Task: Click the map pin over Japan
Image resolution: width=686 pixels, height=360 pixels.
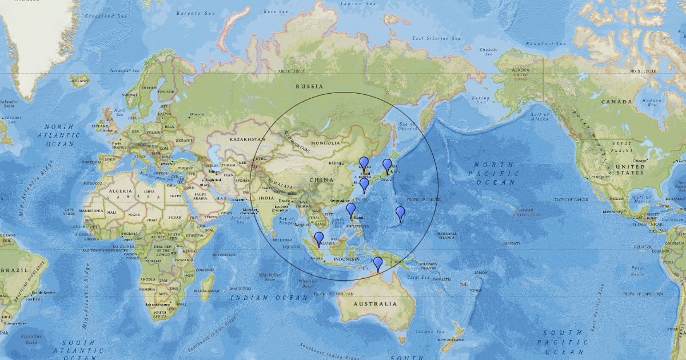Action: click(387, 166)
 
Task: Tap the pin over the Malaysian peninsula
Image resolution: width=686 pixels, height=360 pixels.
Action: click(319, 238)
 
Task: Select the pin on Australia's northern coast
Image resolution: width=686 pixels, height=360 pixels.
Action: click(378, 263)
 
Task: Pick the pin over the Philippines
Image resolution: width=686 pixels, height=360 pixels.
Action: click(351, 210)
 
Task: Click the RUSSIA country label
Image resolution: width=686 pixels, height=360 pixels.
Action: click(309, 86)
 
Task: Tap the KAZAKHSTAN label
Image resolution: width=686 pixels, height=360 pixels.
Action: click(248, 139)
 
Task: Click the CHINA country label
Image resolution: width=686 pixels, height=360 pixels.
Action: click(321, 181)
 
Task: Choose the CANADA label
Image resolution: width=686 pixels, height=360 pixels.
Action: click(616, 102)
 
